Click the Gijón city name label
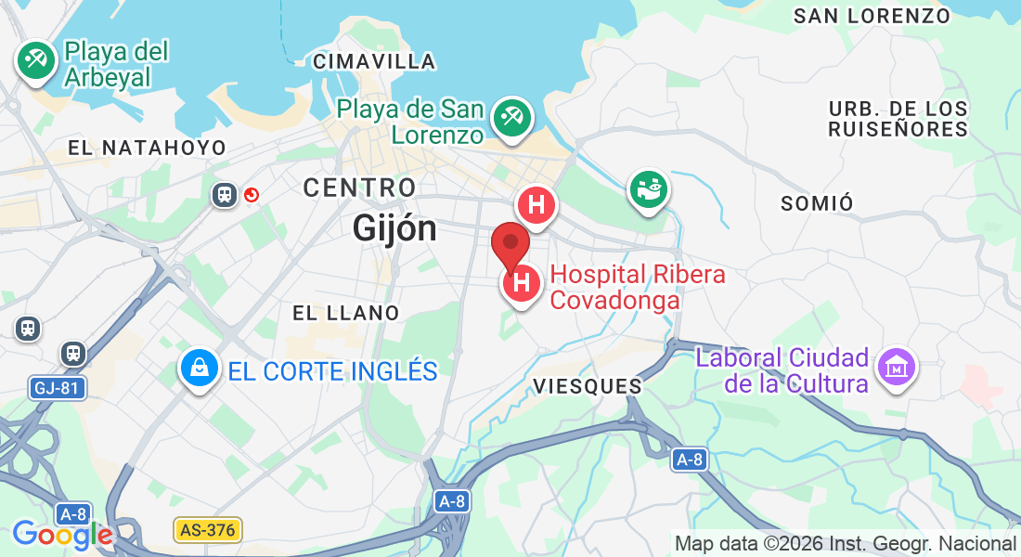(x=394, y=227)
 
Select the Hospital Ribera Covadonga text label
(x=638, y=288)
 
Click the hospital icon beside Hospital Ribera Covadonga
(x=523, y=283)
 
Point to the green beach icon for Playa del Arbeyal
(x=36, y=61)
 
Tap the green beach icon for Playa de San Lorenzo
(x=511, y=117)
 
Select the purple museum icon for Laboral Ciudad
(x=898, y=368)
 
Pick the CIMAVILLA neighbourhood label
(x=374, y=62)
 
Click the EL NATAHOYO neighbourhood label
(x=147, y=148)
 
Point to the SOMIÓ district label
(x=817, y=203)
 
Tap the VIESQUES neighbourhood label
(x=588, y=386)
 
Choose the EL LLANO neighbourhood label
(x=345, y=313)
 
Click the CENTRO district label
(x=359, y=188)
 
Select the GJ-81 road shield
(x=58, y=388)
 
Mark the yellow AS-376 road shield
(x=208, y=530)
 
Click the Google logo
(x=62, y=535)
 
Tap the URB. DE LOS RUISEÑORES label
(x=898, y=119)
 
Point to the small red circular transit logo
(x=251, y=195)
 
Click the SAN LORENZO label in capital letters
(x=872, y=16)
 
